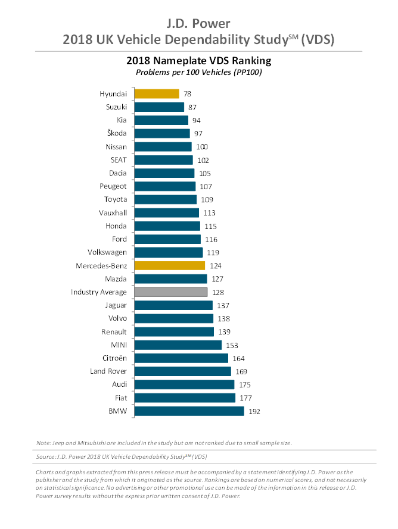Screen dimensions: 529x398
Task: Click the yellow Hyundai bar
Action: click(156, 93)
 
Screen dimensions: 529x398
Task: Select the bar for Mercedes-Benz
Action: click(169, 265)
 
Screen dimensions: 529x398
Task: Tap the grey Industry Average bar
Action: click(170, 292)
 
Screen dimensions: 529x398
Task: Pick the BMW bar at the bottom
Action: click(189, 411)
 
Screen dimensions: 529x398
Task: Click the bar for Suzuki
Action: click(159, 107)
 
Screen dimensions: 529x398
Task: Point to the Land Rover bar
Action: click(182, 371)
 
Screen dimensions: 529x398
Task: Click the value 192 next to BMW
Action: click(255, 411)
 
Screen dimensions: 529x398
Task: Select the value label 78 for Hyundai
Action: click(188, 94)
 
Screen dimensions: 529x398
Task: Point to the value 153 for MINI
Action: click(232, 345)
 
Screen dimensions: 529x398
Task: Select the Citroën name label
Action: click(114, 358)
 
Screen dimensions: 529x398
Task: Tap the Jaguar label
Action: click(115, 305)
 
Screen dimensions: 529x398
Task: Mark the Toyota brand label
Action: click(115, 199)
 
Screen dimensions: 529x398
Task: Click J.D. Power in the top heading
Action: click(199, 24)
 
